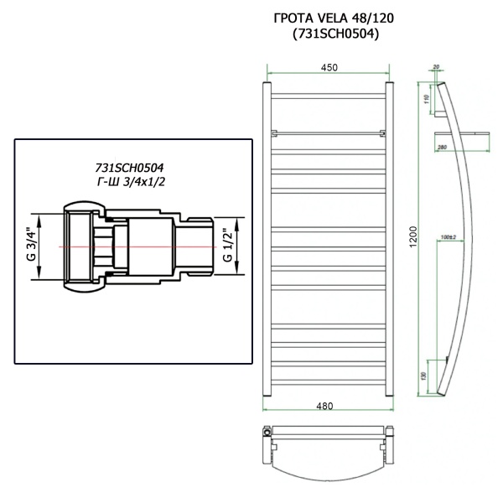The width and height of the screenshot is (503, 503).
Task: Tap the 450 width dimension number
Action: pyautogui.click(x=327, y=68)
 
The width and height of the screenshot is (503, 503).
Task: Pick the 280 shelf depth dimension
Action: pyautogui.click(x=441, y=149)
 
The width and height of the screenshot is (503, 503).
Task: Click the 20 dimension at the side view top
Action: pyautogui.click(x=437, y=66)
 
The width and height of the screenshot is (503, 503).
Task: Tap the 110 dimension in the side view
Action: pyautogui.click(x=426, y=99)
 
